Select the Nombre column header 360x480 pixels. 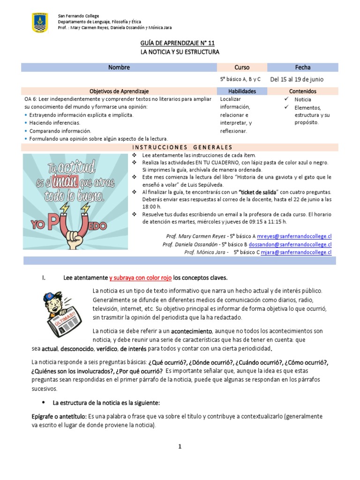click(119, 67)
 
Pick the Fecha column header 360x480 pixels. click(303, 67)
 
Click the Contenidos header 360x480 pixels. click(303, 91)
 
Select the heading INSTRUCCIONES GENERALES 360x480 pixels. click(180, 147)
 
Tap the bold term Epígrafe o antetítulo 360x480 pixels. click(59, 416)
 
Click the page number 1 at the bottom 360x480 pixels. click(180, 447)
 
